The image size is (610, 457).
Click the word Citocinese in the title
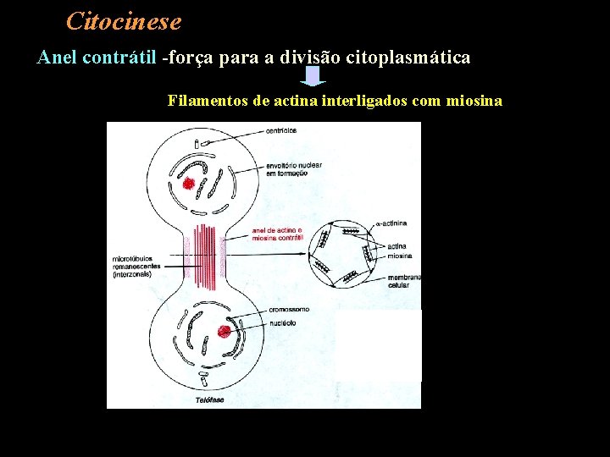click(x=123, y=20)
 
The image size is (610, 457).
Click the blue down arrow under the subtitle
click(x=314, y=77)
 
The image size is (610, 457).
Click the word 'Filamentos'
click(x=208, y=101)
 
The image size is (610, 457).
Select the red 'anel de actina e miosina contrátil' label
click(x=278, y=234)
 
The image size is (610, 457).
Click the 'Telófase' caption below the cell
click(x=210, y=399)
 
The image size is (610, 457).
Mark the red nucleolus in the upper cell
click(x=188, y=183)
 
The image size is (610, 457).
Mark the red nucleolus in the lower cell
click(x=225, y=332)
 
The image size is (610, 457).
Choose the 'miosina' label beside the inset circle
click(x=400, y=255)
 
